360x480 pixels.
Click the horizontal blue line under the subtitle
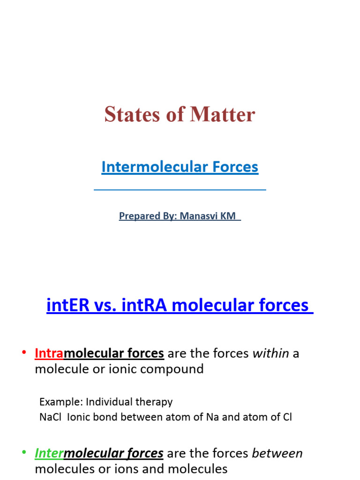(x=180, y=190)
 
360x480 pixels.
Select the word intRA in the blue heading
(x=139, y=305)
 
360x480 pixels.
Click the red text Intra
(x=49, y=353)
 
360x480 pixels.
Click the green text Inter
(x=49, y=453)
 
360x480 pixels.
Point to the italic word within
(x=270, y=353)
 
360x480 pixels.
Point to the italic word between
(x=277, y=453)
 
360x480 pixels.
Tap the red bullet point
(x=23, y=353)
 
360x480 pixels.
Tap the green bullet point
(x=23, y=453)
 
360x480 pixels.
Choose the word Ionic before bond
(x=80, y=417)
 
